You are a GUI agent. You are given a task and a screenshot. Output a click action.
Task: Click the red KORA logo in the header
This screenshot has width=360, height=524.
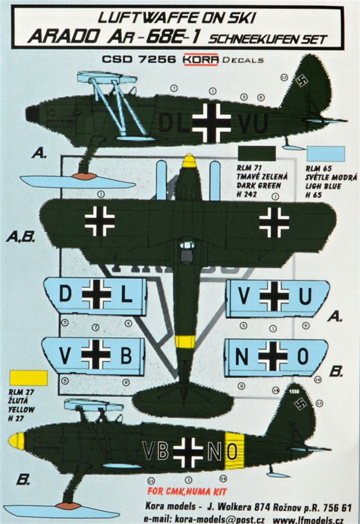pyautogui.click(x=201, y=60)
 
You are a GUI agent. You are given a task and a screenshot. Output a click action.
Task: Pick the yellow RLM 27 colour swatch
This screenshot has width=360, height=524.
pyautogui.click(x=28, y=378)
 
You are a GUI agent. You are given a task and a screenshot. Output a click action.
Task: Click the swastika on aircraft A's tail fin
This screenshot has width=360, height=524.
pyautogui.click(x=302, y=81)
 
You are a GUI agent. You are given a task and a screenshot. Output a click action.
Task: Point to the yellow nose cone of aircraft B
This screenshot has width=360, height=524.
pyautogui.click(x=17, y=441)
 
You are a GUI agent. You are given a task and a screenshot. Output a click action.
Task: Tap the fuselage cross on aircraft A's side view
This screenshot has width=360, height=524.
pyautogui.click(x=212, y=123)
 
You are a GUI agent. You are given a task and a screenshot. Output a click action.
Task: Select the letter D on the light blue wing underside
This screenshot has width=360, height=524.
pyautogui.click(x=66, y=294)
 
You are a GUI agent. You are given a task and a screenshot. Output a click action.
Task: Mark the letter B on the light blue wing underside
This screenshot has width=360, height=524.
pyautogui.click(x=126, y=355)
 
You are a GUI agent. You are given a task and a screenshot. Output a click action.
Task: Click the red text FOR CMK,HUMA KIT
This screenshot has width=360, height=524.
pyautogui.click(x=187, y=492)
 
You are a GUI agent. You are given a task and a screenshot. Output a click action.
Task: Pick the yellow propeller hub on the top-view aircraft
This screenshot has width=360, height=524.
pyautogui.click(x=189, y=161)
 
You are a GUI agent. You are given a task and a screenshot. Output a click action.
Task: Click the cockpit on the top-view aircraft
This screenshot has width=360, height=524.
pyautogui.click(x=187, y=252)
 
